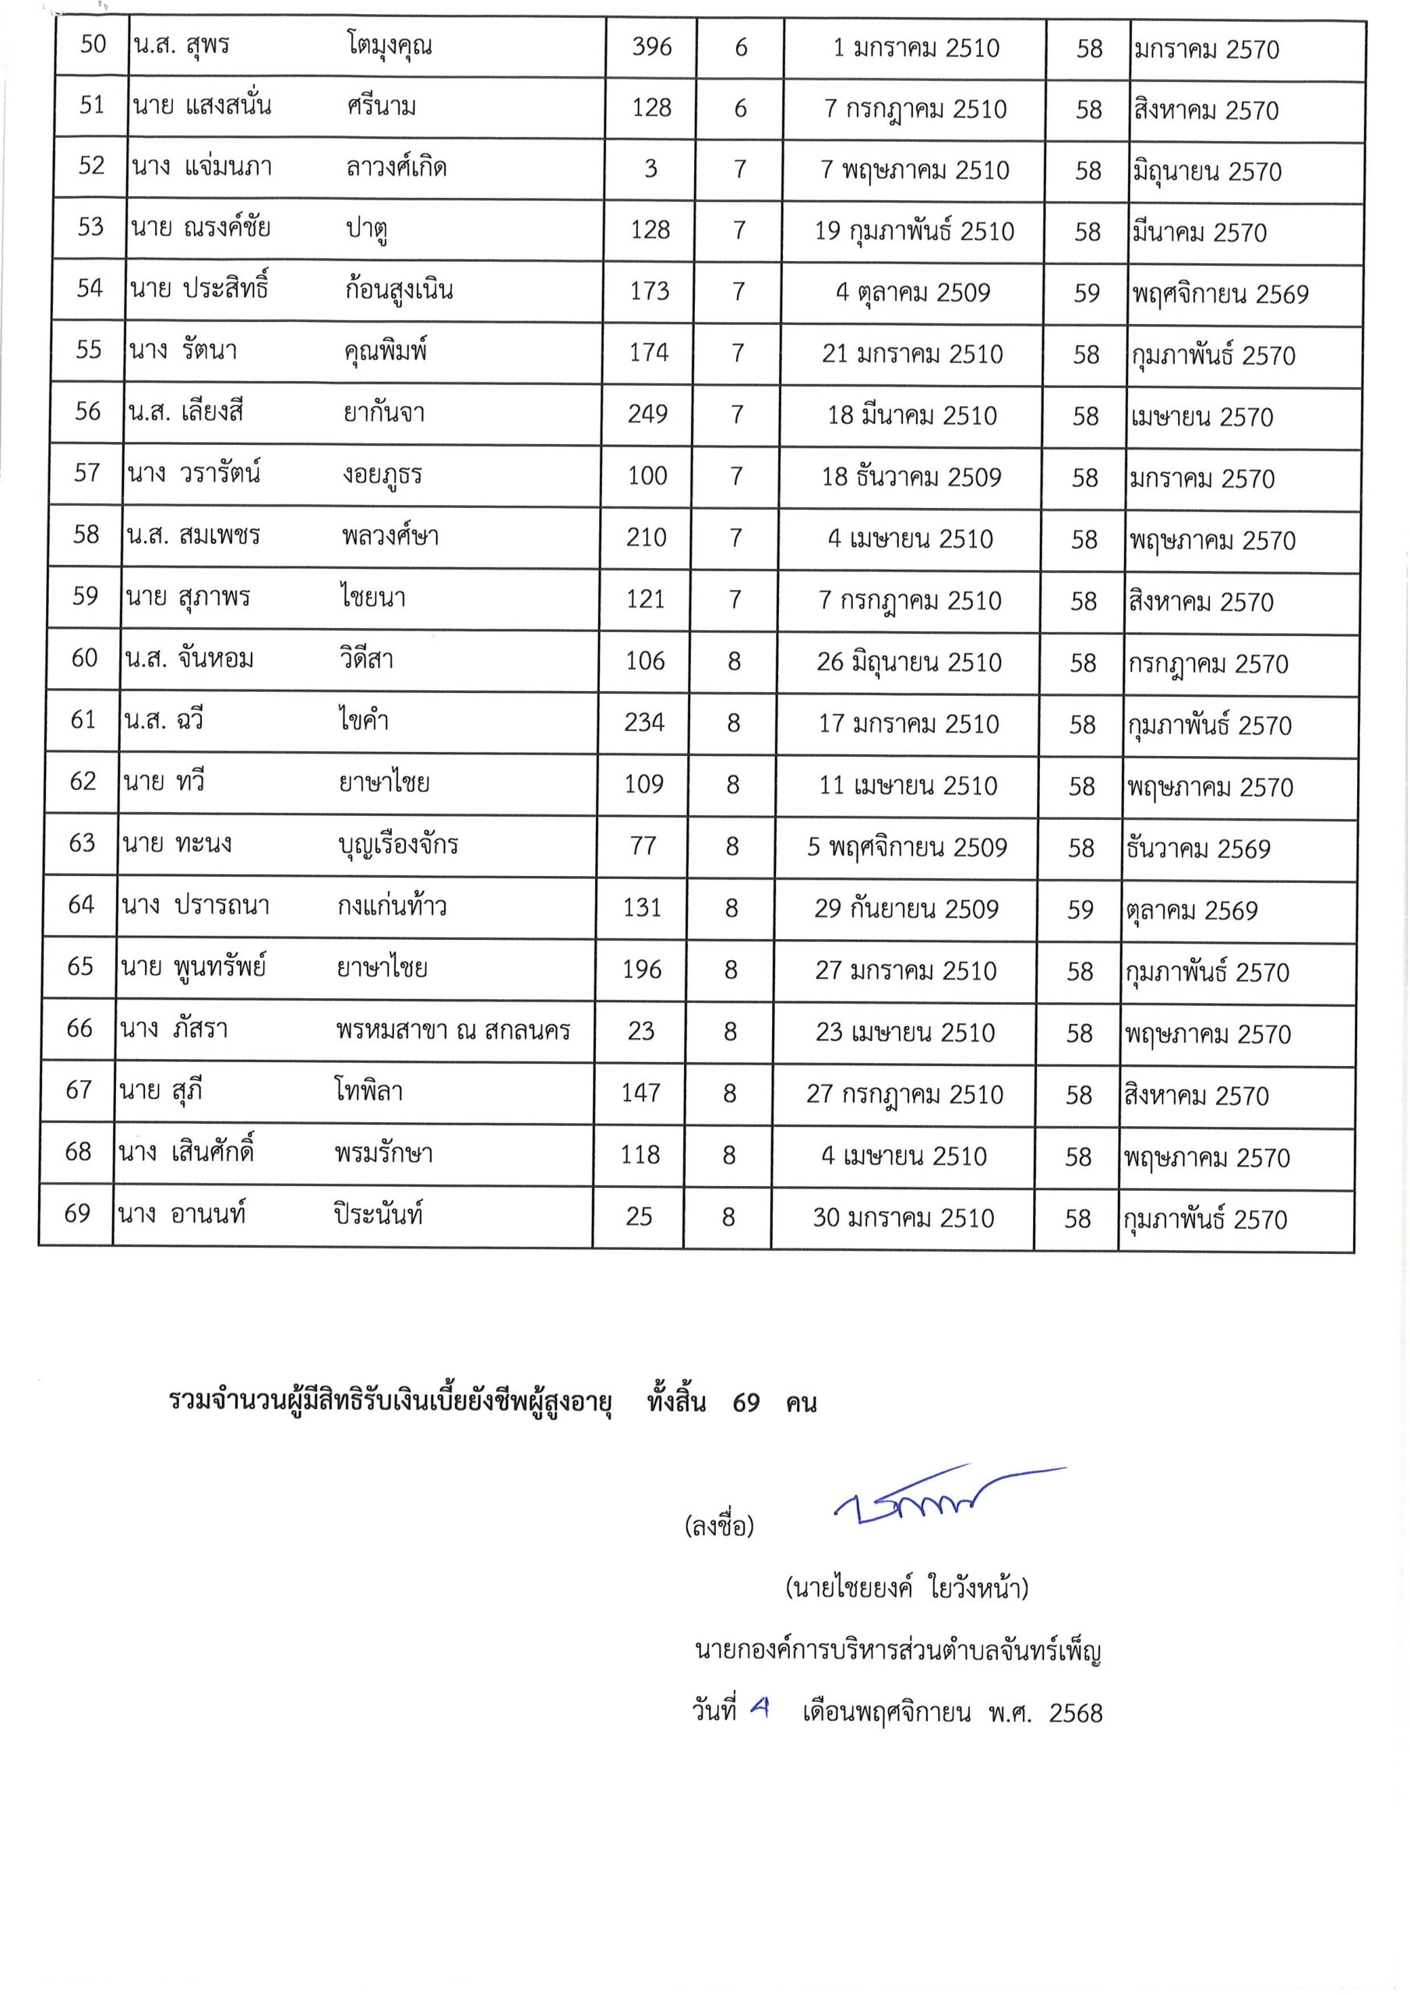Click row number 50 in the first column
pyautogui.click(x=93, y=44)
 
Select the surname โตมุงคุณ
pyautogui.click(x=390, y=46)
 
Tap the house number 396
pyautogui.click(x=651, y=47)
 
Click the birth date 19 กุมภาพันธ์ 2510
pyautogui.click(x=914, y=231)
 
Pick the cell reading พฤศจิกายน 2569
pyautogui.click(x=1219, y=295)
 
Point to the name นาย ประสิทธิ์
pyautogui.click(x=199, y=288)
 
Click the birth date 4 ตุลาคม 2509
pyautogui.click(x=912, y=293)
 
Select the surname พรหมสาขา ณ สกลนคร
pyautogui.click(x=453, y=1030)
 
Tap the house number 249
pyautogui.click(x=648, y=414)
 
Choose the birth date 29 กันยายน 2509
pyautogui.click(x=906, y=909)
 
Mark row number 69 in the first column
pyautogui.click(x=77, y=1213)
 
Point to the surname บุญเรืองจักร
pyautogui.click(x=398, y=845)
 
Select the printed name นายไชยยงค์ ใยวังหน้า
pyautogui.click(x=907, y=1588)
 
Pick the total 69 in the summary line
pyautogui.click(x=746, y=1404)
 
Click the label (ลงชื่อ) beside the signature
pyautogui.click(x=719, y=1526)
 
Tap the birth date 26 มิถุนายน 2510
pyautogui.click(x=909, y=662)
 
